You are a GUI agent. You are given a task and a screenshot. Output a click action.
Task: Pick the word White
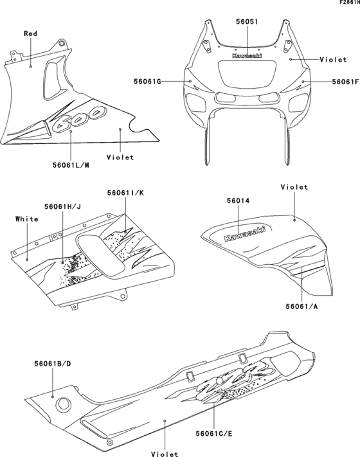pos(26,219)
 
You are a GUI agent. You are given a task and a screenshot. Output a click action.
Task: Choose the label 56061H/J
pos(62,206)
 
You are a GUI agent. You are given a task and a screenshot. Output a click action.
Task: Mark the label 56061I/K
pos(125,192)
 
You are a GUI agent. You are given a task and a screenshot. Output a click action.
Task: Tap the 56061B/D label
pos(53,364)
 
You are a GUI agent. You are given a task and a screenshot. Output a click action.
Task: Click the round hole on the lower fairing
pos(64,405)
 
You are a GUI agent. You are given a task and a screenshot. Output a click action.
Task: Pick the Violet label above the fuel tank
pos(294,188)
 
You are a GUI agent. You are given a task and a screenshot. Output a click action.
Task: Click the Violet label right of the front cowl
pos(333,58)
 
